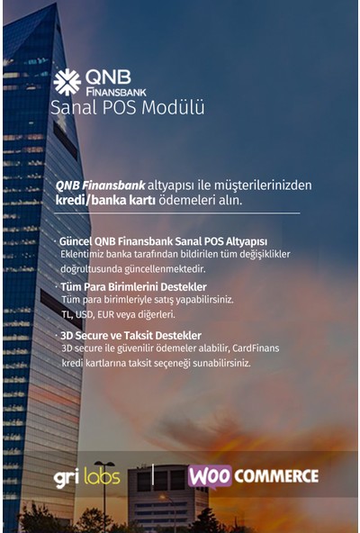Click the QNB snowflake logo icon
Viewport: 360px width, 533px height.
pyautogui.click(x=67, y=81)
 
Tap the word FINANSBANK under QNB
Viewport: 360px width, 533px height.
pyautogui.click(x=115, y=91)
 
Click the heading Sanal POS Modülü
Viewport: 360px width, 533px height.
pyautogui.click(x=127, y=108)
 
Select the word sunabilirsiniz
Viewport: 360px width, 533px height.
pyautogui.click(x=213, y=363)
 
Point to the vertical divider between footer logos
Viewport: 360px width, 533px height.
pyautogui.click(x=153, y=476)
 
